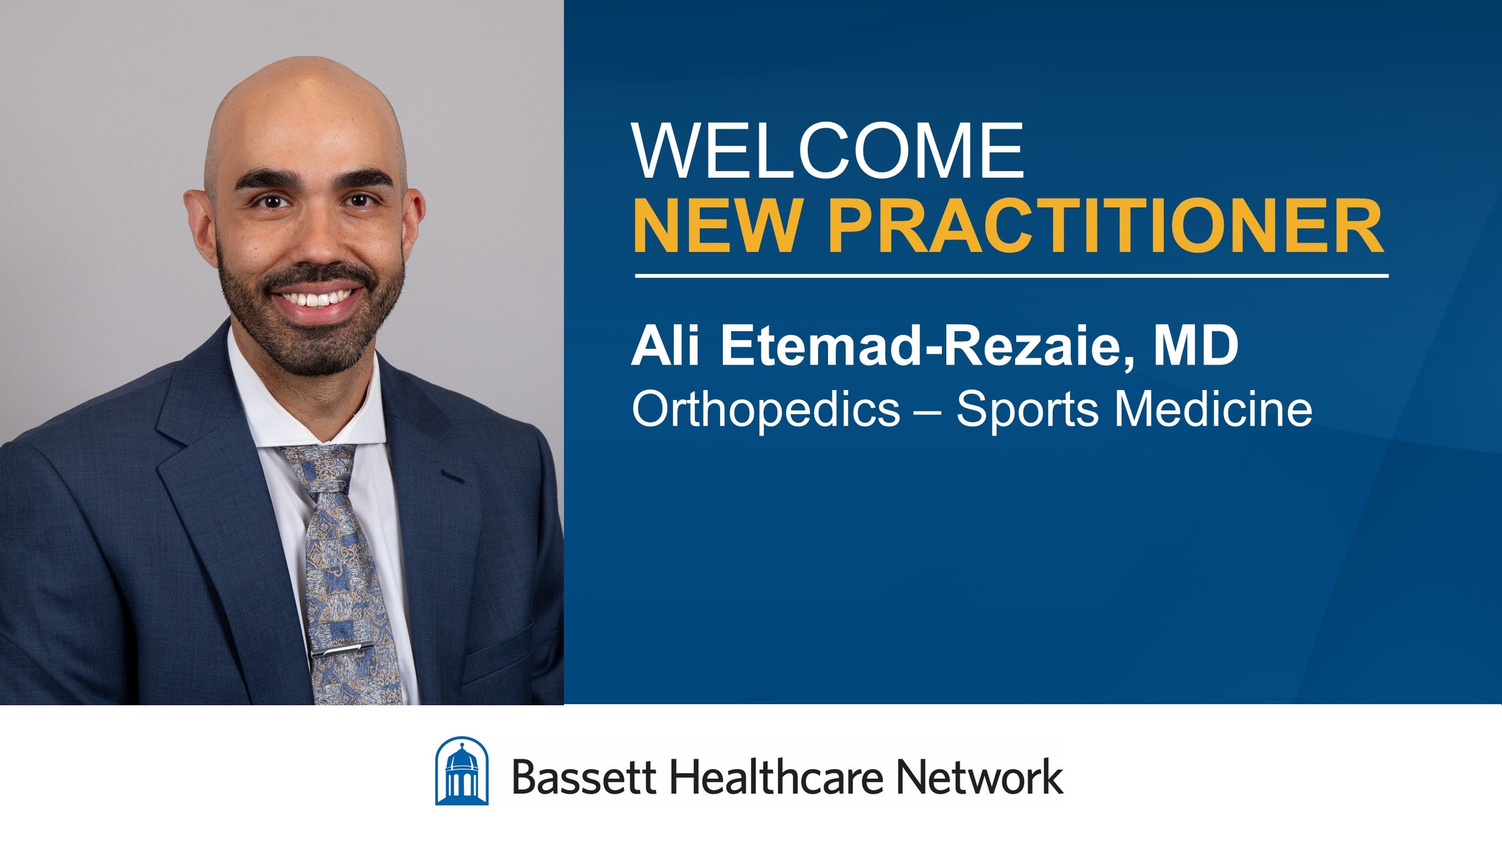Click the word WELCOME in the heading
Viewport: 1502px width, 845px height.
point(828,152)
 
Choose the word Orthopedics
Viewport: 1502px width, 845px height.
point(765,410)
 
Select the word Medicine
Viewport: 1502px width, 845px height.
point(1213,409)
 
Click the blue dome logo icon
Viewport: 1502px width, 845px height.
point(462,771)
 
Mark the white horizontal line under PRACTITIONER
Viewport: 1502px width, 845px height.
point(1012,275)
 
